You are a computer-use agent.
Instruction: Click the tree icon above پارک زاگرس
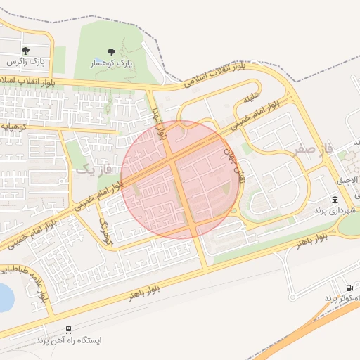[x=26, y=51]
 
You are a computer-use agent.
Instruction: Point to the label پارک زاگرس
[x=26, y=62]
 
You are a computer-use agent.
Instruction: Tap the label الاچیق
[x=347, y=180]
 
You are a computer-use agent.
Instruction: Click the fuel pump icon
[x=350, y=288]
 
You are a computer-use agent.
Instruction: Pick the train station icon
[x=68, y=329]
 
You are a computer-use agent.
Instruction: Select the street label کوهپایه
[x=14, y=126]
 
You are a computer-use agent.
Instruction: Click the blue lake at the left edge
[x=4, y=297]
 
